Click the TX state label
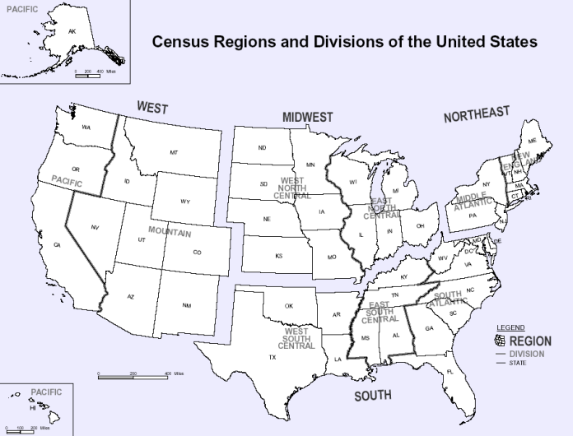pos(272,358)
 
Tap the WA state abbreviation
pos(86,127)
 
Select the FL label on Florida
pos(450,373)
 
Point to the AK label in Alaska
pos(72,31)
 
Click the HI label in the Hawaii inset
pos(33,407)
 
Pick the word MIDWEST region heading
pos(308,118)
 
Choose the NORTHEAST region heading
pos(477,115)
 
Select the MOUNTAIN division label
pos(170,233)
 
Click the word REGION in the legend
pos(530,341)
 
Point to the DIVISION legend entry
pos(528,353)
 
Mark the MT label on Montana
pos(174,153)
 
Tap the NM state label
pos(187,306)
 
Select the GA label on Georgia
pos(429,329)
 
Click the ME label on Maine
pos(532,141)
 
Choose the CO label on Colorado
pos(197,252)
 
